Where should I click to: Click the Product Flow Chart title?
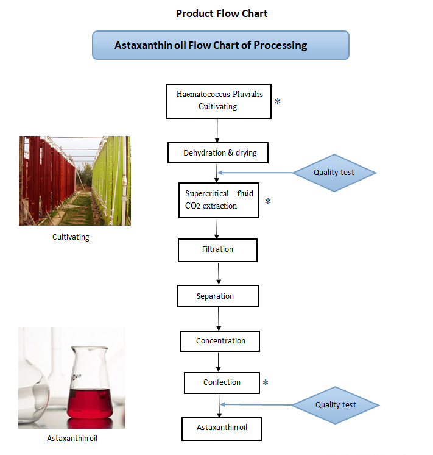(x=222, y=13)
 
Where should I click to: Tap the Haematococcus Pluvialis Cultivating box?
(x=218, y=101)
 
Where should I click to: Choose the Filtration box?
(x=217, y=249)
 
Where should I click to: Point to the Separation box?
(x=218, y=296)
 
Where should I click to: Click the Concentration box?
(x=220, y=341)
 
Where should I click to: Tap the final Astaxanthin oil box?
(x=222, y=428)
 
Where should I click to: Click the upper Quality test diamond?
(x=334, y=173)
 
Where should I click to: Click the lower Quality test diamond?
(x=336, y=405)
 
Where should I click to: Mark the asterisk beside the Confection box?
(x=266, y=384)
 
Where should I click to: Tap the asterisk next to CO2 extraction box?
(x=267, y=202)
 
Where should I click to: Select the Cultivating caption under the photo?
(x=71, y=237)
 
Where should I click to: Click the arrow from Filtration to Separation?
(x=218, y=273)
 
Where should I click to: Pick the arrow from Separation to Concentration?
(x=219, y=318)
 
